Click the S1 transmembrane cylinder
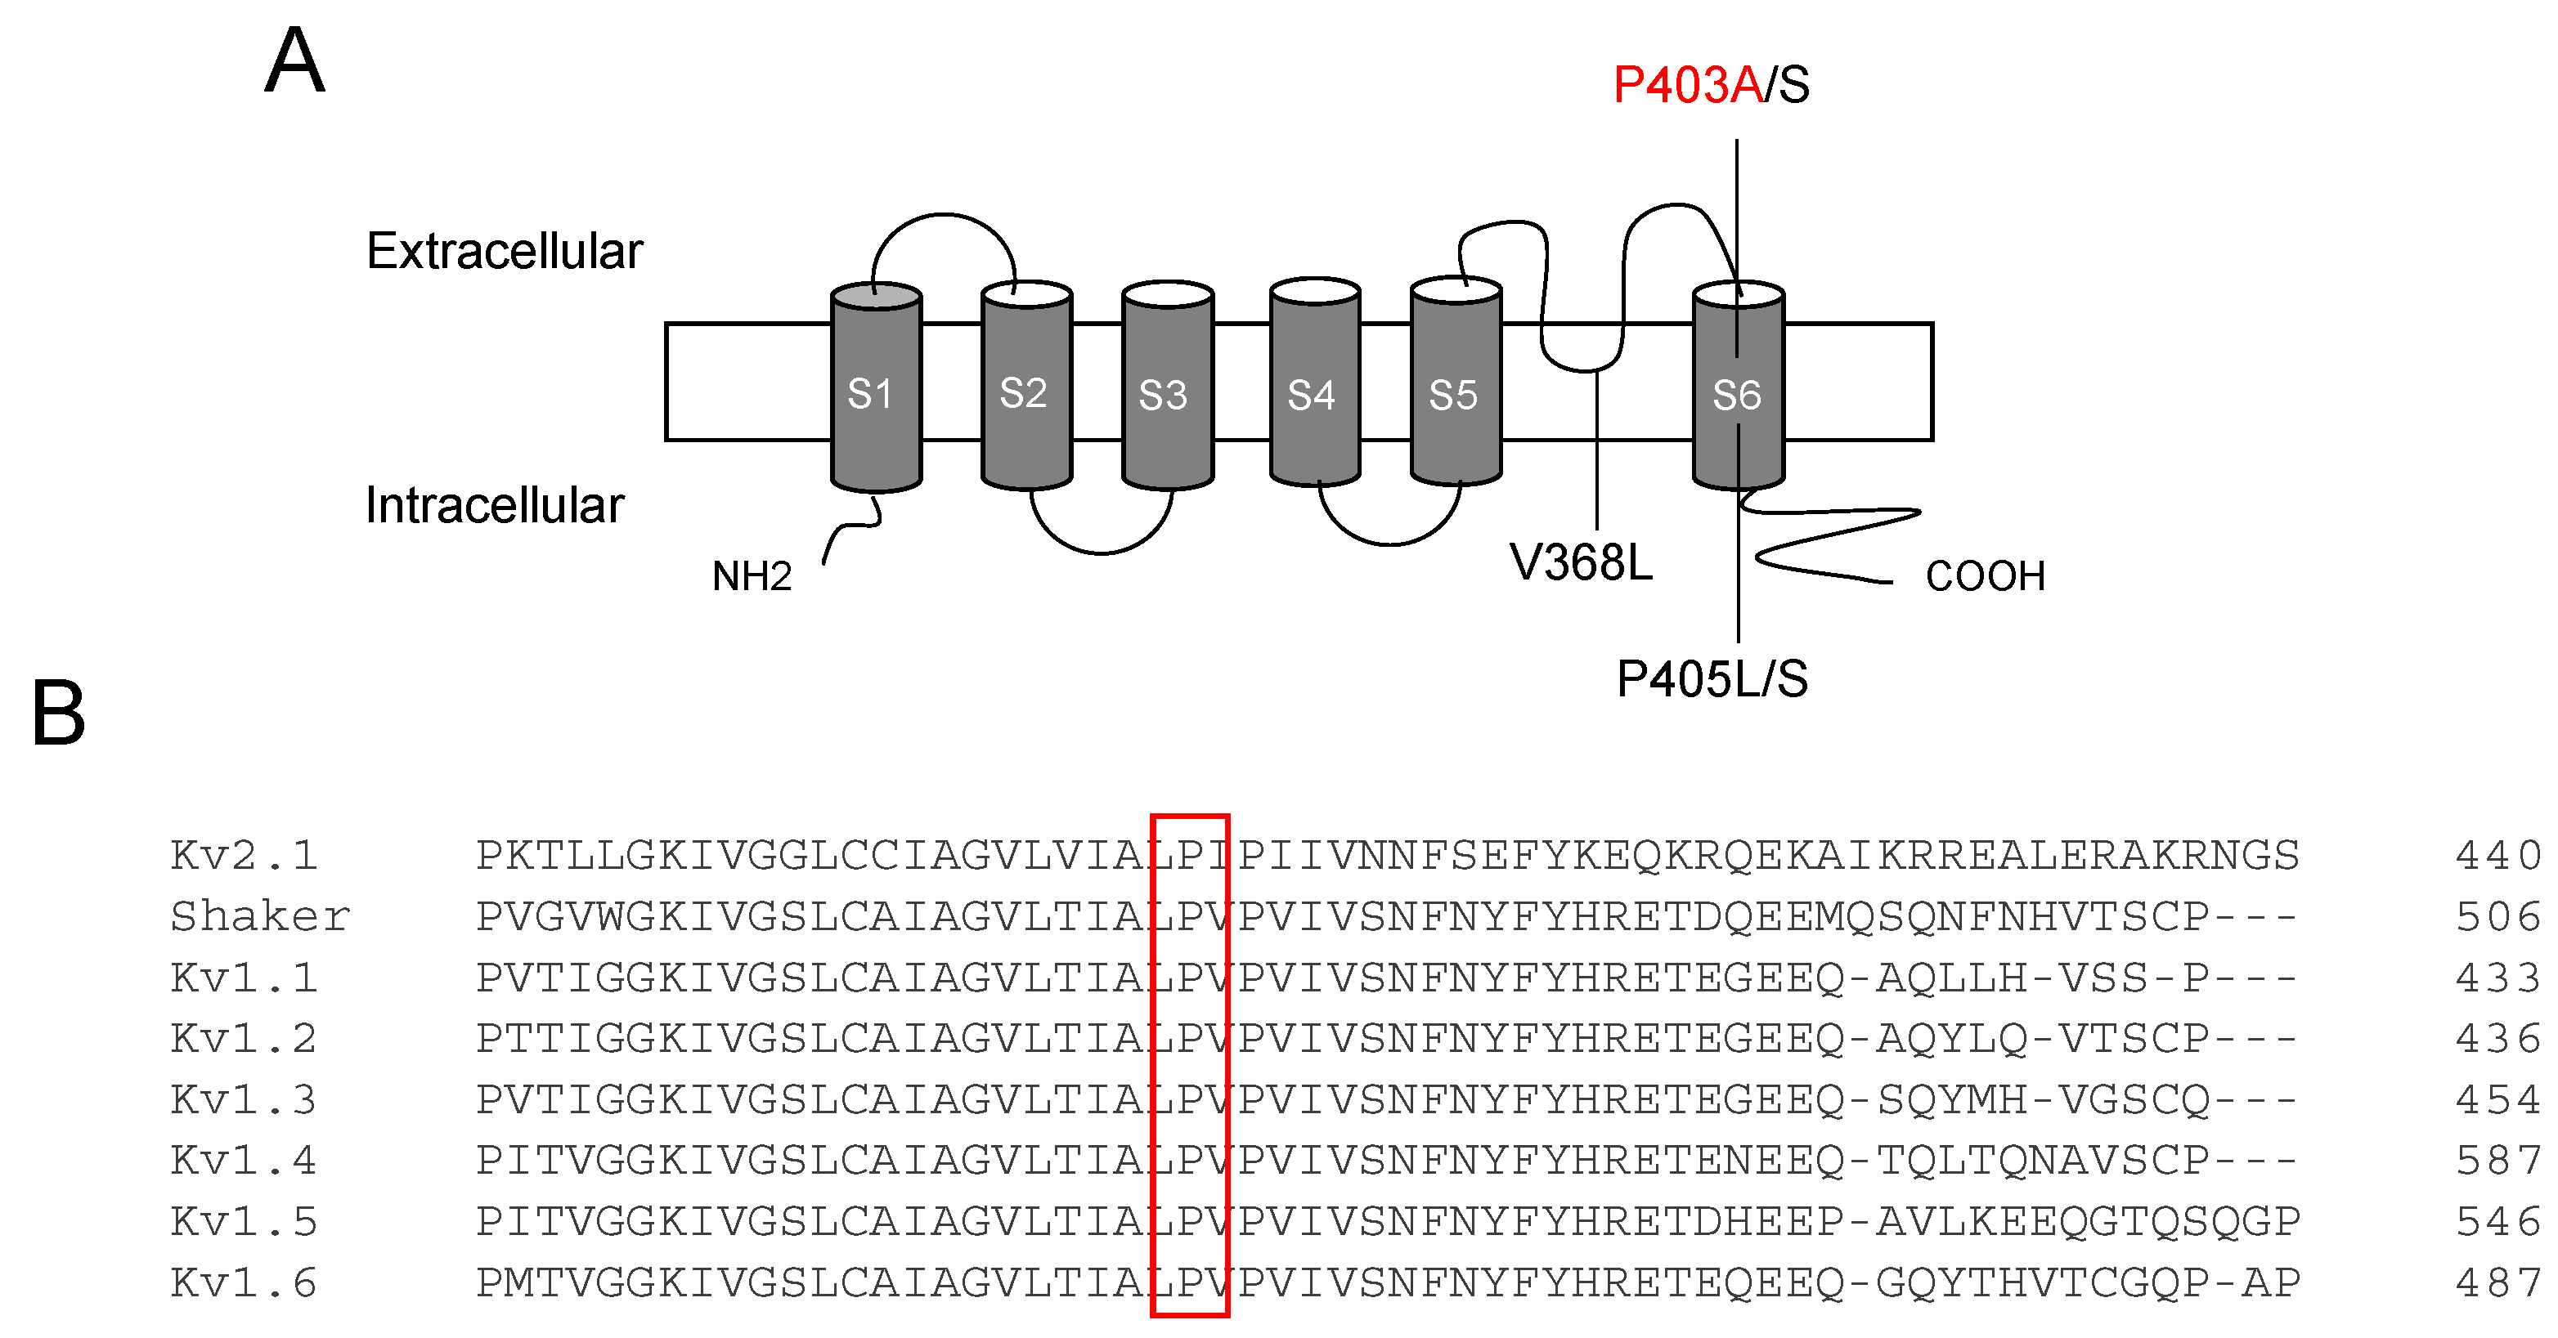click(x=875, y=392)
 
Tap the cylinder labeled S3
click(x=1167, y=392)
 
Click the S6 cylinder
click(x=1738, y=392)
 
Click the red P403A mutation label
click(x=1687, y=85)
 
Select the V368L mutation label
click(x=1581, y=563)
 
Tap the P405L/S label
click(x=1712, y=680)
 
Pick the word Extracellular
click(x=505, y=251)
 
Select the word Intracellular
click(x=495, y=505)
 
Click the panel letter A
click(x=295, y=61)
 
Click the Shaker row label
click(x=260, y=916)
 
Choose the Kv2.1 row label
click(x=245, y=856)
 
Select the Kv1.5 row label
click(x=245, y=1222)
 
